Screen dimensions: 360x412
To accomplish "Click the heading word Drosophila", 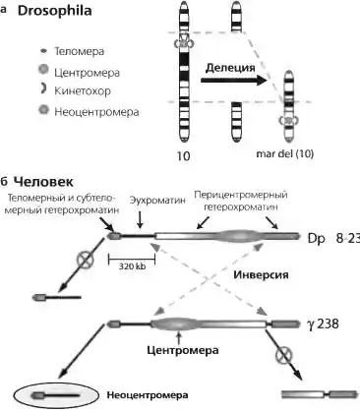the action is click(54, 11).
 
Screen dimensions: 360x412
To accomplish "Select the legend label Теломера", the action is click(79, 51).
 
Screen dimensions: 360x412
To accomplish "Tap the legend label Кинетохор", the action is click(83, 90).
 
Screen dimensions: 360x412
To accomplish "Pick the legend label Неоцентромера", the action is click(96, 112).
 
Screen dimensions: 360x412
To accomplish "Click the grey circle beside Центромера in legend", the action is click(43, 70).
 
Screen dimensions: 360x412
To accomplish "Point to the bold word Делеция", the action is click(230, 68).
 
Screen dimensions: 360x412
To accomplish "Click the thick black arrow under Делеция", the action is click(234, 81).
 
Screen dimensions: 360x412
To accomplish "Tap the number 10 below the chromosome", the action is click(184, 156).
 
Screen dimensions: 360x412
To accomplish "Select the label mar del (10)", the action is click(285, 153).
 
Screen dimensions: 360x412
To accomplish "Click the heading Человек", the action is click(44, 182).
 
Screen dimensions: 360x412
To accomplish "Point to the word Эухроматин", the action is click(157, 200).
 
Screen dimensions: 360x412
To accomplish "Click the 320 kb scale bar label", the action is click(132, 266).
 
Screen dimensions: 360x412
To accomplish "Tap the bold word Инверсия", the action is click(261, 274).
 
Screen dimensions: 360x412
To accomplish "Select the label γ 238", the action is click(322, 324).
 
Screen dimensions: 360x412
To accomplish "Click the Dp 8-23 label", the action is click(333, 238).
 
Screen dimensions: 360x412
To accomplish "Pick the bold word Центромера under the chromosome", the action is click(183, 350).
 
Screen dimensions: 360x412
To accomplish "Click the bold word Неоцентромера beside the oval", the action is click(148, 395).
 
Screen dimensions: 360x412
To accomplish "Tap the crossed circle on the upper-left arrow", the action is click(86, 260).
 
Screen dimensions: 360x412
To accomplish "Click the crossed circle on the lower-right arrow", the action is click(284, 355).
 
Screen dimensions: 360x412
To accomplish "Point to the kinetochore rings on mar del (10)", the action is click(288, 121).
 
